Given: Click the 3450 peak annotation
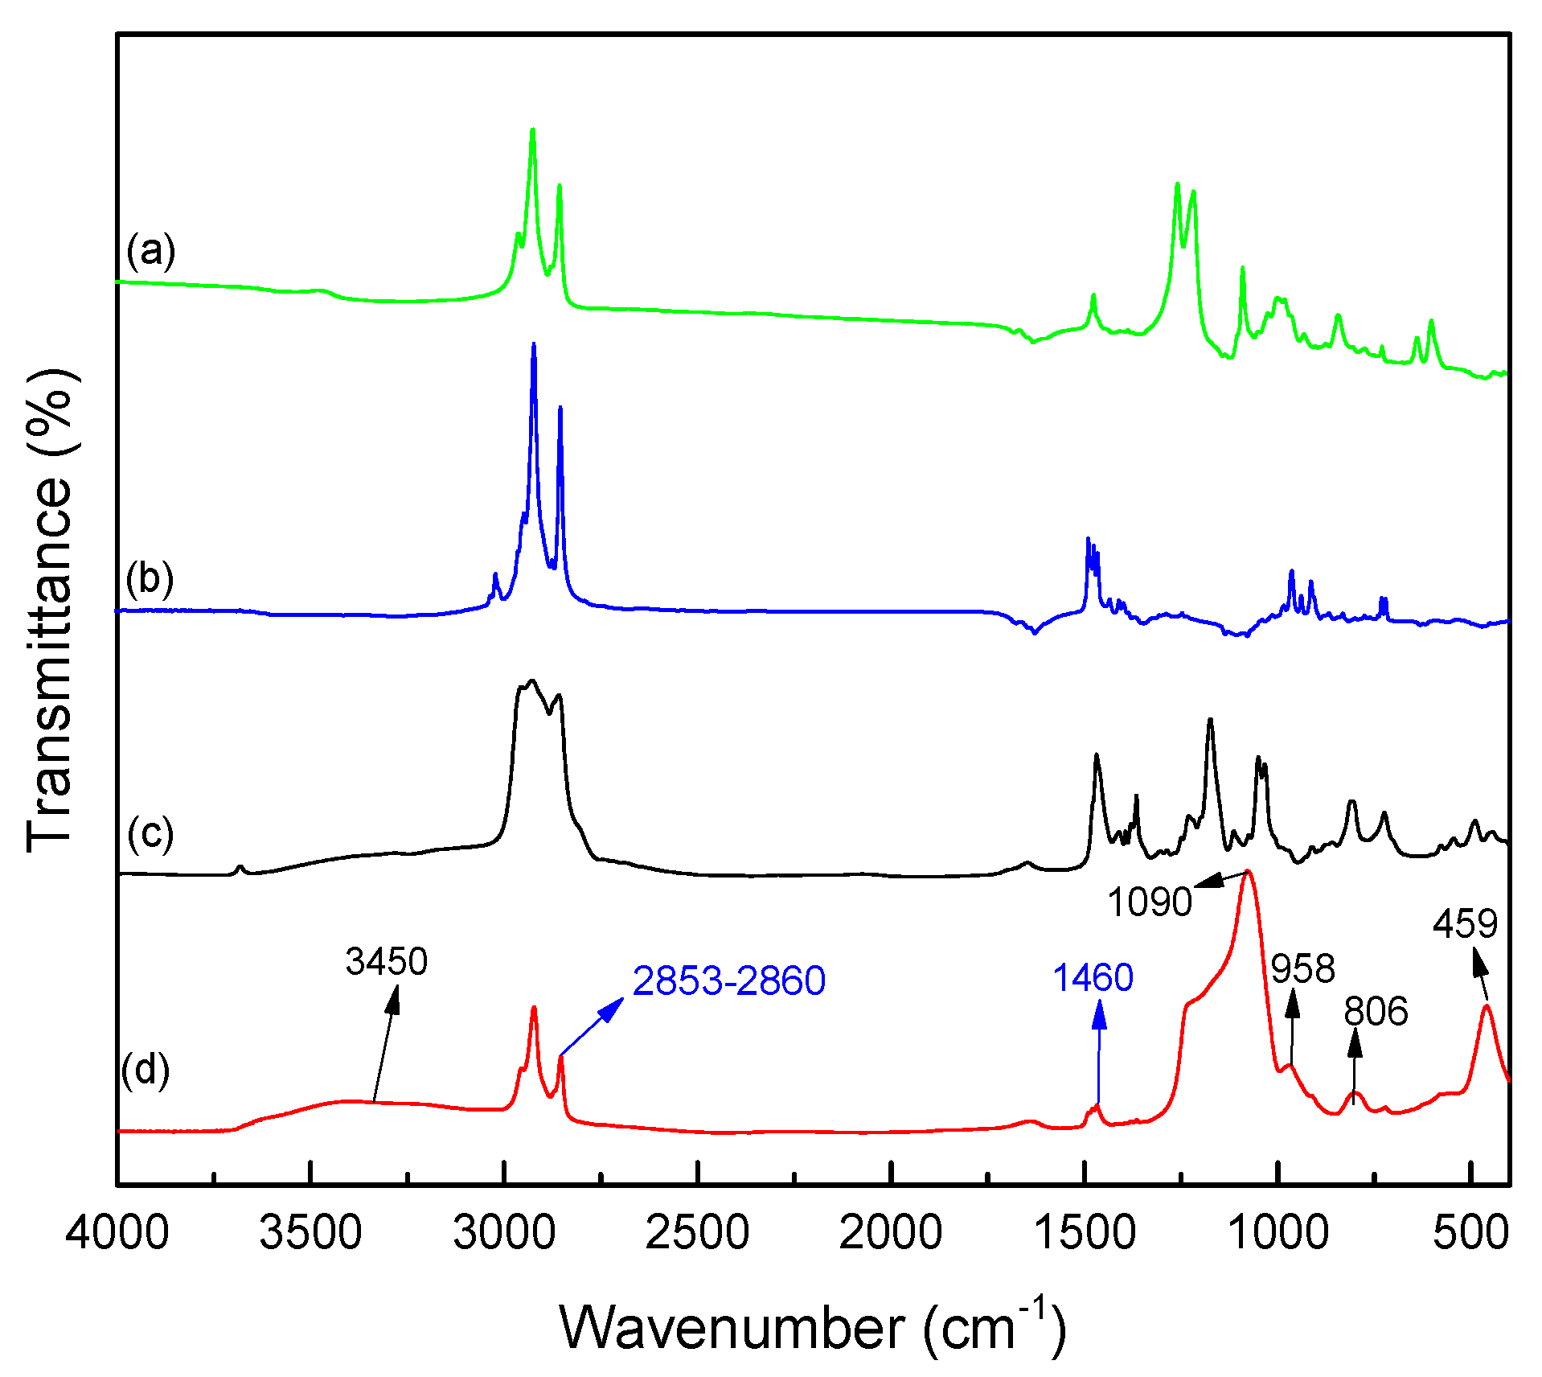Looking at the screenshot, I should [387, 961].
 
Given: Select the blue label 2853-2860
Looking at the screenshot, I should [728, 980].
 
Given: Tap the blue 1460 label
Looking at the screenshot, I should [1093, 977].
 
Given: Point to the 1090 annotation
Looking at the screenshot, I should [1149, 902].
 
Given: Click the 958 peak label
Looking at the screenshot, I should [1302, 968].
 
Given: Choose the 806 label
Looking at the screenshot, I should [1376, 1011].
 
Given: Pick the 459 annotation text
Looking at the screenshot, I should [1465, 923].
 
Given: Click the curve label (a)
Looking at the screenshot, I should [150, 251].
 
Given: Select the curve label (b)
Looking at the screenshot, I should [150, 578].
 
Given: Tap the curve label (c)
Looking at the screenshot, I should [150, 833].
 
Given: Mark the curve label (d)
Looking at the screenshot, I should [146, 1070].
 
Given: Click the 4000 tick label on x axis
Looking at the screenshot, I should [117, 1232].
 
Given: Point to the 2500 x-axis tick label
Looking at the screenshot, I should [697, 1232].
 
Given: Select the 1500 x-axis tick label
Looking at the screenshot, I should [1085, 1232].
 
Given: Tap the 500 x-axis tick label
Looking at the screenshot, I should [1470, 1232].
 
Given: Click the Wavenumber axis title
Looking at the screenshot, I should [812, 1327].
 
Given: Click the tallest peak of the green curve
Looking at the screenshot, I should [532, 131].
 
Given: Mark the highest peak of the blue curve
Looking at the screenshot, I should [534, 345].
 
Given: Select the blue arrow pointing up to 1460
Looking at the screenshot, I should [1099, 1054].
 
